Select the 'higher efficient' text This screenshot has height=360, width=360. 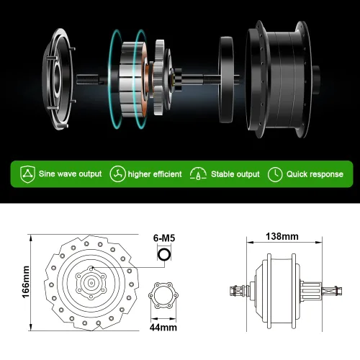coord(154,174)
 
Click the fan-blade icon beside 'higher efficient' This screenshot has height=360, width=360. coord(117,174)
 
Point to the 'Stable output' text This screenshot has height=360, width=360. coord(235,174)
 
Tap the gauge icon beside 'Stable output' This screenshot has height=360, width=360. coord(198,174)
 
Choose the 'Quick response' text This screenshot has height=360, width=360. coord(315,174)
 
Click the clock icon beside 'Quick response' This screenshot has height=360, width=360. coord(274,174)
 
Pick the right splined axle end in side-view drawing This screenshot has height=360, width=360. coord(330,291)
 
